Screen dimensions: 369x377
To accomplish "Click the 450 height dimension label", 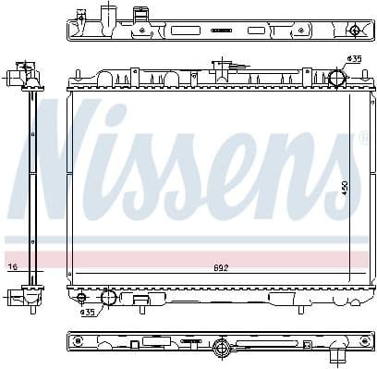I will [345, 188].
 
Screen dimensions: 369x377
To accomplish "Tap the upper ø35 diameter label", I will [353, 60].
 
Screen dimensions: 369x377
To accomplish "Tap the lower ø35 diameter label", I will [87, 312].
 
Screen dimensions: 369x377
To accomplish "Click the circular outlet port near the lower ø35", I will [108, 297].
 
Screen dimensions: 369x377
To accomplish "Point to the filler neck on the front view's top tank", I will [221, 67].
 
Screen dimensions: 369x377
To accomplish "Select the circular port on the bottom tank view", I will [222, 349].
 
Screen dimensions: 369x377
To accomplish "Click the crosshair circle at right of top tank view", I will [354, 31].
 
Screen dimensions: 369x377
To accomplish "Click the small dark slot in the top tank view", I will [222, 31].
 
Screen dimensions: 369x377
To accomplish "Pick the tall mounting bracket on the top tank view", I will [140, 16].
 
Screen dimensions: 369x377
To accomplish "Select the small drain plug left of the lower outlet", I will [81, 297].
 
